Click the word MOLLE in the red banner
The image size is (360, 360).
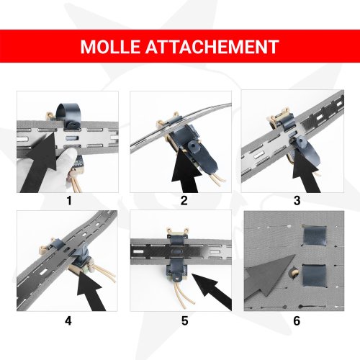click(x=117, y=47)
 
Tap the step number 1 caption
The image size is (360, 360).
click(x=68, y=201)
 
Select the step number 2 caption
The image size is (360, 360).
click(x=184, y=201)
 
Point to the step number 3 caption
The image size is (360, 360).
click(x=297, y=201)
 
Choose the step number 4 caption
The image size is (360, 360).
click(x=68, y=320)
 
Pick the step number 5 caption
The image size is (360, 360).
click(x=184, y=320)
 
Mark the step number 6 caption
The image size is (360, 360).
click(x=297, y=320)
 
